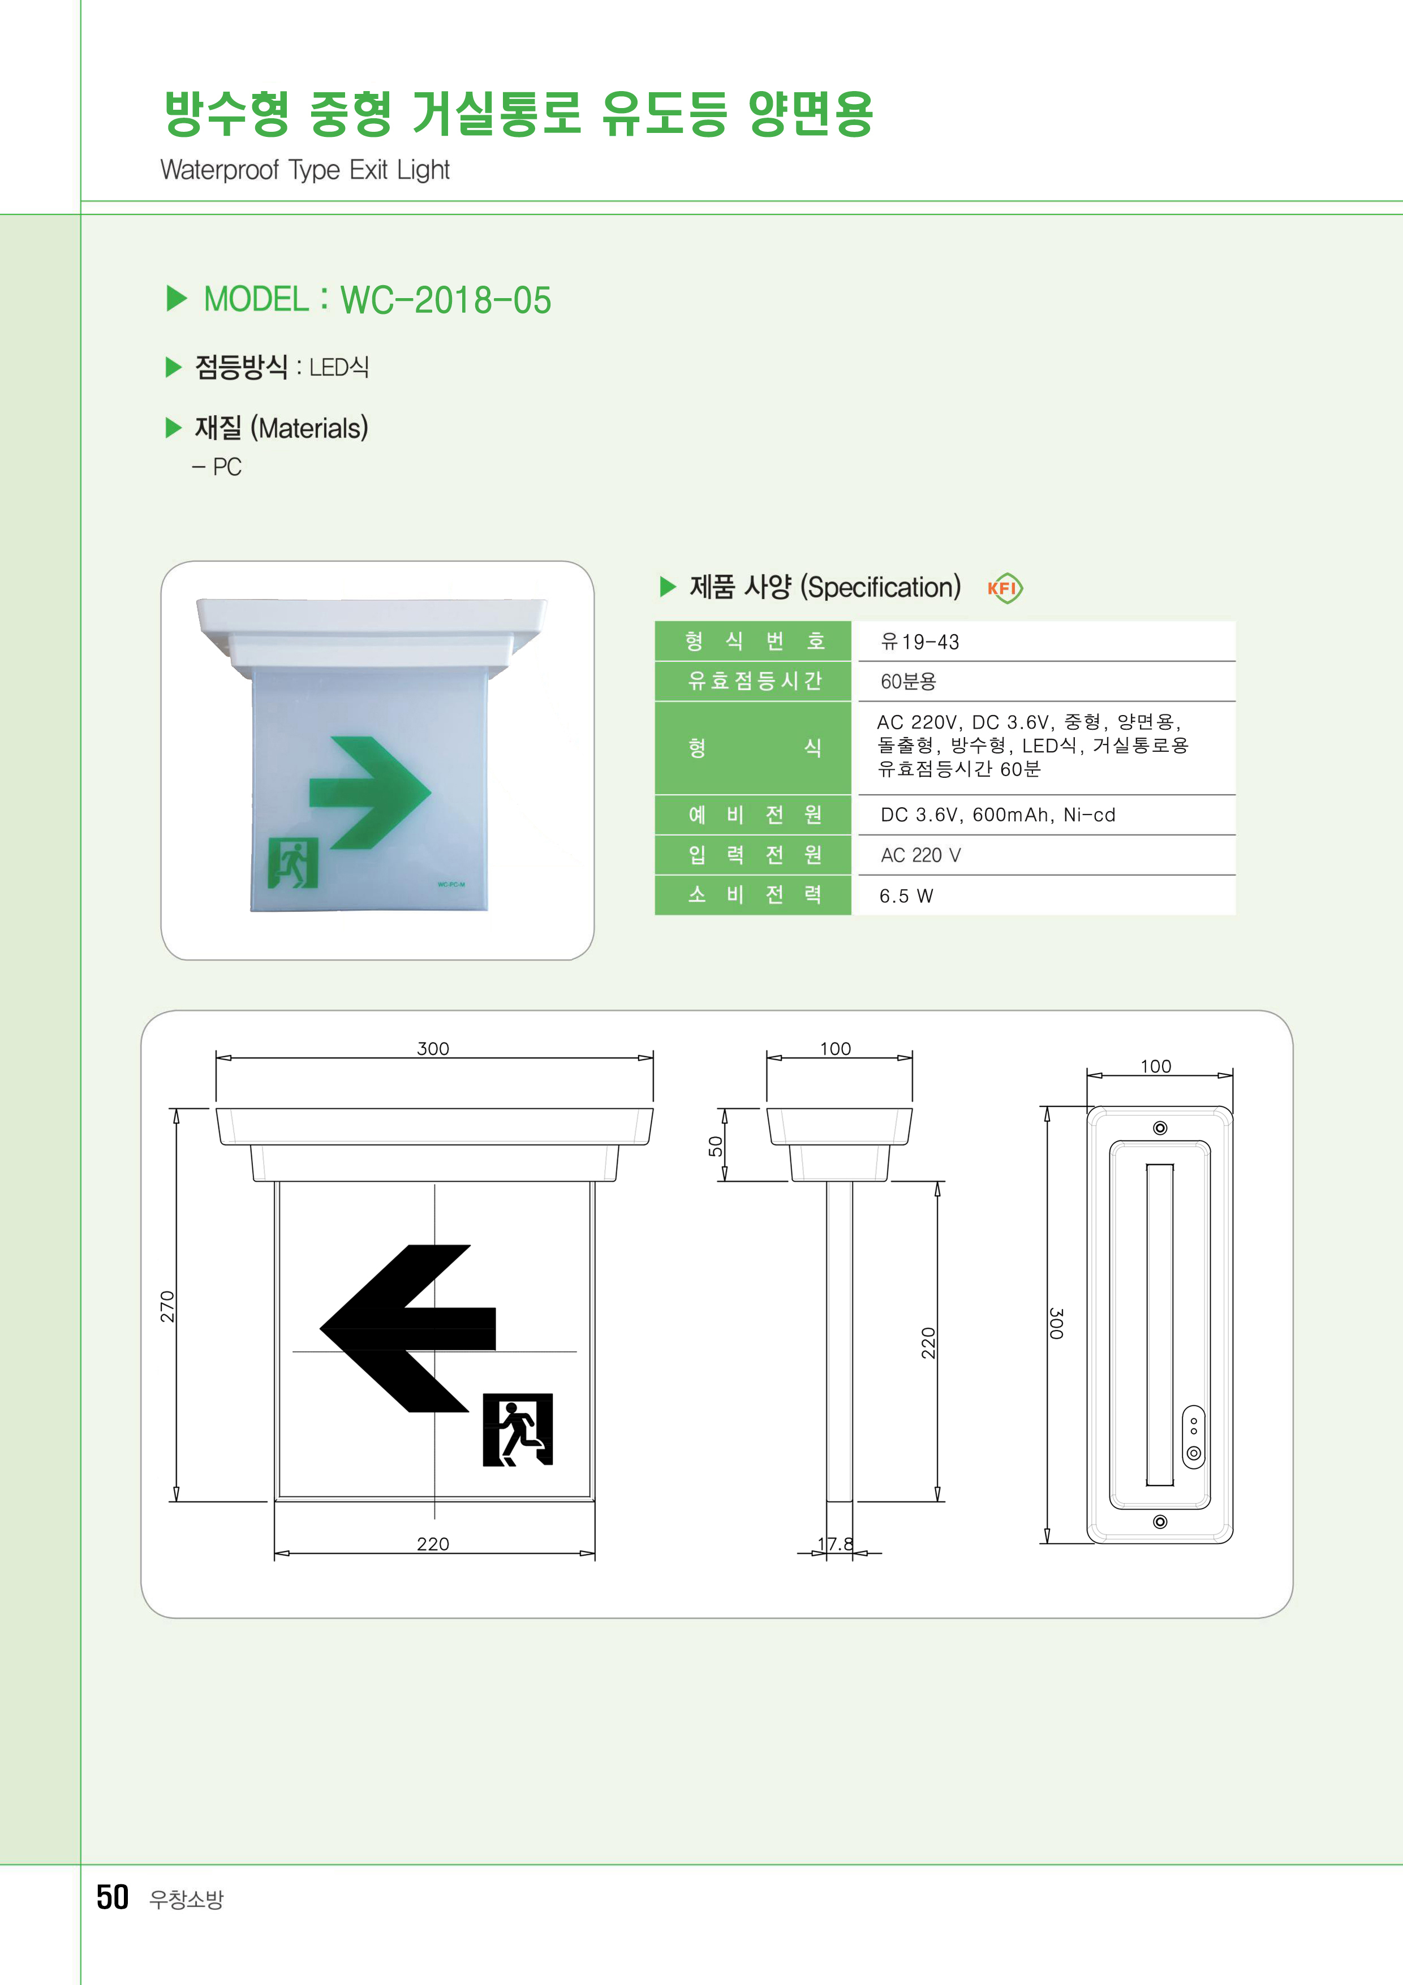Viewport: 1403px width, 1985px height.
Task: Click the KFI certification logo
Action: click(x=1005, y=589)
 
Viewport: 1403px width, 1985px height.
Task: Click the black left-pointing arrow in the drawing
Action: click(x=408, y=1328)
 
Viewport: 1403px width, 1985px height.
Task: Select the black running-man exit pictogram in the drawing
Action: click(x=518, y=1429)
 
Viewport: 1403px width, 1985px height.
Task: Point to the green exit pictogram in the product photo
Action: click(x=293, y=863)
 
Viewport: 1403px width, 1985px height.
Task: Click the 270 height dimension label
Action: click(x=167, y=1306)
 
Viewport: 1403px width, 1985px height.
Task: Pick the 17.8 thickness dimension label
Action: click(x=836, y=1544)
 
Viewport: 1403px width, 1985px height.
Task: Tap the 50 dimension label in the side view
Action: click(x=715, y=1146)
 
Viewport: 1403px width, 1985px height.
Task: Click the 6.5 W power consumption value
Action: click(x=906, y=895)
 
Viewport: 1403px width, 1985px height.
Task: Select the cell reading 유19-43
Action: click(x=920, y=641)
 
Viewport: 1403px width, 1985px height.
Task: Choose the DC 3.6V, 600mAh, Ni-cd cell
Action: click(x=997, y=815)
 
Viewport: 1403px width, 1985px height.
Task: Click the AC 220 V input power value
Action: click(x=920, y=855)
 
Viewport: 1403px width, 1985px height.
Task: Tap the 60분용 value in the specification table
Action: click(x=907, y=681)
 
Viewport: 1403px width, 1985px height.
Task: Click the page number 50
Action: click(x=113, y=1897)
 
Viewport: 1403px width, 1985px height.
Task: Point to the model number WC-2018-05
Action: click(x=446, y=300)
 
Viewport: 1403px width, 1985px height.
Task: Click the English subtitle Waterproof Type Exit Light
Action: click(x=305, y=170)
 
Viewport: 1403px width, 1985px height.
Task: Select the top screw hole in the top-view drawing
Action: click(x=1160, y=1127)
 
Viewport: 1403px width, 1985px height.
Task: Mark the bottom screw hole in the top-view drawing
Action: click(x=1160, y=1522)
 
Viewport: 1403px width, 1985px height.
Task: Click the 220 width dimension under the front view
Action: click(x=433, y=1544)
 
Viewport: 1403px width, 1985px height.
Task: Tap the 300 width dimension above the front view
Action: click(x=433, y=1049)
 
